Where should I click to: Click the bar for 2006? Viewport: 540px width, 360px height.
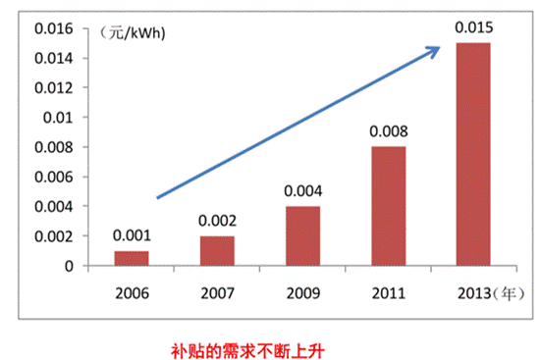(x=130, y=258)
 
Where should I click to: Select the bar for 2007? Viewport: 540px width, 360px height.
(x=216, y=251)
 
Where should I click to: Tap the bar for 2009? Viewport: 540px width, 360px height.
(x=302, y=235)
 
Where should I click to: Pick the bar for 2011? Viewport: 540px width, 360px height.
(x=389, y=206)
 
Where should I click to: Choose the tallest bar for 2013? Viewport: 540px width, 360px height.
(x=475, y=154)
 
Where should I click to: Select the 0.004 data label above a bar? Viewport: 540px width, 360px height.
(x=302, y=191)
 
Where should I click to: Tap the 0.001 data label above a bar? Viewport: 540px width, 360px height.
(x=130, y=235)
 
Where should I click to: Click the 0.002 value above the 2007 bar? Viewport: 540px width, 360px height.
(x=216, y=221)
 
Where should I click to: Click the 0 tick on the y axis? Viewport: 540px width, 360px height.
(x=69, y=266)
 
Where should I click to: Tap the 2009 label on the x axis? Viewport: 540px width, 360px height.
(x=302, y=291)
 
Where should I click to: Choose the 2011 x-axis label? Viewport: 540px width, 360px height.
(x=389, y=291)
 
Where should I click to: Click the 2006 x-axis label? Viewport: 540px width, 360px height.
(x=130, y=291)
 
